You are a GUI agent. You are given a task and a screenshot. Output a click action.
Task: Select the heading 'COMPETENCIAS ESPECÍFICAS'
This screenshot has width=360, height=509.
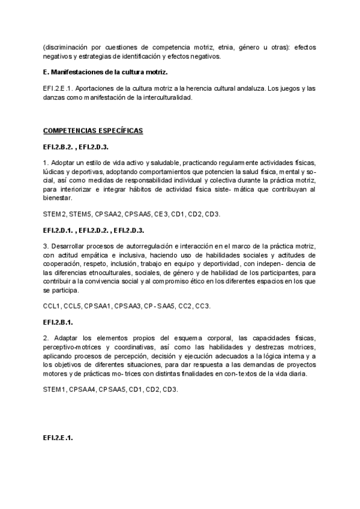point(93,130)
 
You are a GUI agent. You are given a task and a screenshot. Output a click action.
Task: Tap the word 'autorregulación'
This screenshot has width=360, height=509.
point(165,246)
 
